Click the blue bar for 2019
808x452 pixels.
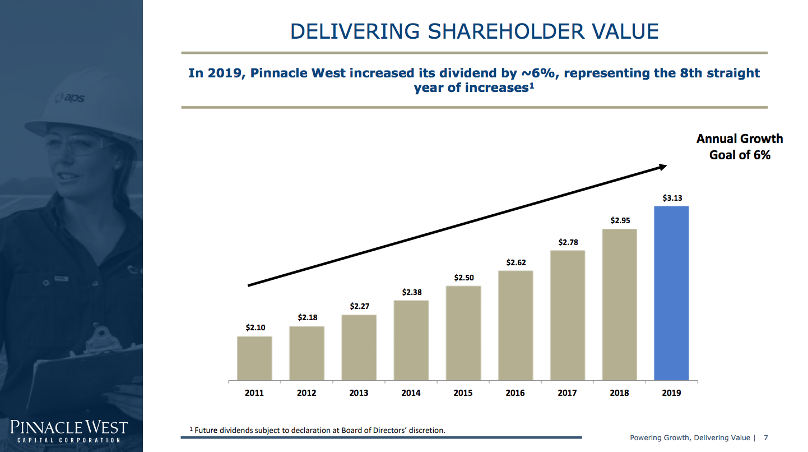(x=671, y=293)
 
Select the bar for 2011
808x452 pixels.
(x=254, y=358)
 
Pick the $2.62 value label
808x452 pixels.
(x=516, y=262)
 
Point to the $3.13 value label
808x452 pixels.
(x=671, y=198)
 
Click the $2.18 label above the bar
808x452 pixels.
(x=307, y=317)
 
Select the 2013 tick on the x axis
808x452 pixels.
(x=359, y=393)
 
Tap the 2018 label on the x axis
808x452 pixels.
(x=619, y=393)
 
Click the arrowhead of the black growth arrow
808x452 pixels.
(x=662, y=167)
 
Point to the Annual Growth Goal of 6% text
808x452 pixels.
(x=739, y=147)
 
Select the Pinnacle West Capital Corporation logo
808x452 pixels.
(x=69, y=431)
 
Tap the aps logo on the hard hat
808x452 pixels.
(x=71, y=98)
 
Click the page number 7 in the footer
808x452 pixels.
(x=766, y=437)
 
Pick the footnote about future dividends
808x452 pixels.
(x=318, y=430)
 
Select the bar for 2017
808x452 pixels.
(x=567, y=315)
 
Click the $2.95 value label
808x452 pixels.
(x=620, y=221)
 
